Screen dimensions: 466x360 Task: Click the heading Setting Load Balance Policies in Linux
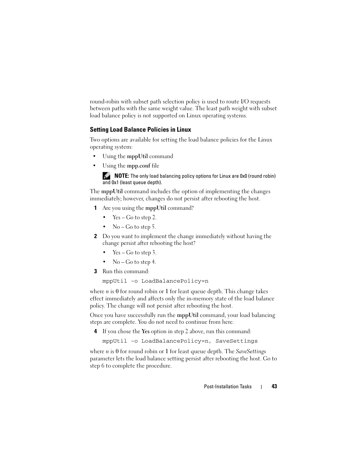coord(140,130)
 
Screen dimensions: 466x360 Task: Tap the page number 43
coord(274,386)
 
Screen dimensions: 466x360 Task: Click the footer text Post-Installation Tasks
coord(228,386)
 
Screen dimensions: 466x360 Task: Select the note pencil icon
coord(106,176)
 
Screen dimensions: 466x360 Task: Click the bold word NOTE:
coord(122,176)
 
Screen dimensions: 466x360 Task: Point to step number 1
coord(95,208)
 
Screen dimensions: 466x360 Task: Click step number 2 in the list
coord(95,236)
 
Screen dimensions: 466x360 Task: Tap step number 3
coord(95,271)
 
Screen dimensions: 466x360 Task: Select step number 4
coord(95,331)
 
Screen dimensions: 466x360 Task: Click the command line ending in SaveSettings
coord(180,341)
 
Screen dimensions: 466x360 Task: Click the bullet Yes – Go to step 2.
coord(134,217)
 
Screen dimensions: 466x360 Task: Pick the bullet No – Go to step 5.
coord(134,227)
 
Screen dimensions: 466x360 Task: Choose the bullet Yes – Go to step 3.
coord(134,252)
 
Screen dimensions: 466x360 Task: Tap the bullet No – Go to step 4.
coord(134,262)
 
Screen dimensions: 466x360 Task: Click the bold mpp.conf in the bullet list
coord(138,166)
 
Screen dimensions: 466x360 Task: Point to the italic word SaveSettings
coord(251,351)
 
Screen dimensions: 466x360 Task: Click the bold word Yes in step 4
coord(145,331)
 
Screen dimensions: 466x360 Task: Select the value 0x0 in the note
coord(243,176)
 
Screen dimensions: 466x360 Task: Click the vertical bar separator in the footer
coord(261,387)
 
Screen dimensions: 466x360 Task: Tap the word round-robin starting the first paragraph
coord(105,102)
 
